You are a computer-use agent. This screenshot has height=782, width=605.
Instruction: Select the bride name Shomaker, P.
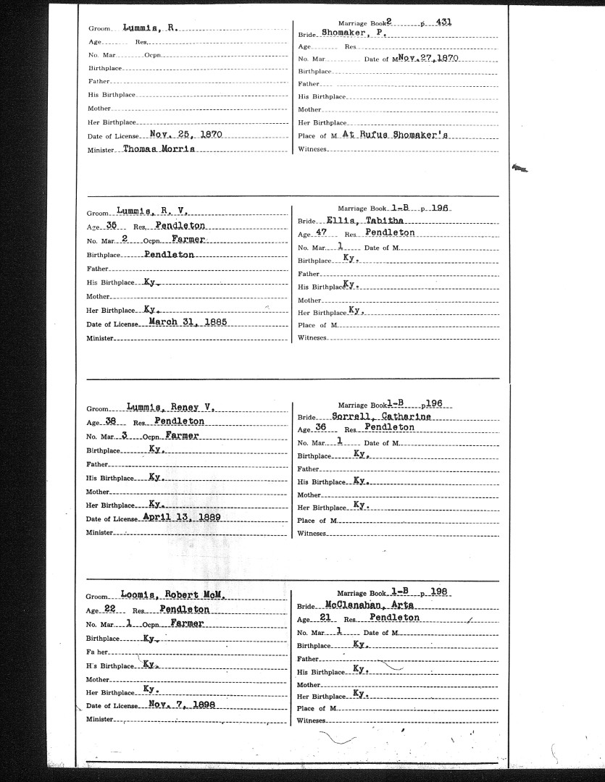coord(353,33)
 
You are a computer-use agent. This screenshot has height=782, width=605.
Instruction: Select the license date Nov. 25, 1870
coord(185,135)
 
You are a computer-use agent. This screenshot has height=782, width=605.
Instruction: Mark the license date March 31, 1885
coord(188,322)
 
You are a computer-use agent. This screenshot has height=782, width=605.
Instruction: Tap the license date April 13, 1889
coord(182,517)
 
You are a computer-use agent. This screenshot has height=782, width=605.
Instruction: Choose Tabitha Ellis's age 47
coord(322,232)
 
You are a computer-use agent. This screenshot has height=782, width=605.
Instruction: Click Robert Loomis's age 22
coord(110,610)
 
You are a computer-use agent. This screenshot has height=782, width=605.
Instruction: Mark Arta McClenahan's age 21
coord(324,618)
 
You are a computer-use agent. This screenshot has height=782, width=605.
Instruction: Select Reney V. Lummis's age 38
coord(110,421)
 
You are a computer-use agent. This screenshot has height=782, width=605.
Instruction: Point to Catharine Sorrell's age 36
coord(322,427)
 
